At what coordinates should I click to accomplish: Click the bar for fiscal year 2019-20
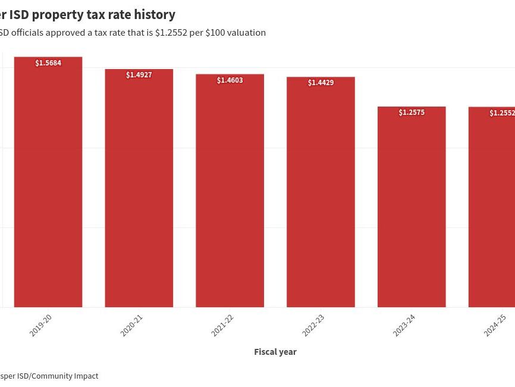click(x=48, y=185)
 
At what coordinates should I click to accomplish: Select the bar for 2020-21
click(x=139, y=191)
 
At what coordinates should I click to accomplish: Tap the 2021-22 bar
click(x=230, y=193)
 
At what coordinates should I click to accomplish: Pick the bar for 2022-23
click(x=321, y=195)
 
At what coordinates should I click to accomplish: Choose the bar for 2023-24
click(x=412, y=208)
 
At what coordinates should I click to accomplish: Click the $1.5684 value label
click(x=48, y=63)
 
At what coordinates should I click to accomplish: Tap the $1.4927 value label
click(x=139, y=75)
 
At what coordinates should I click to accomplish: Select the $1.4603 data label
click(x=230, y=80)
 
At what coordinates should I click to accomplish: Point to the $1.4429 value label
click(x=321, y=83)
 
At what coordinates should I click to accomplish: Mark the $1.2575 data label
click(x=412, y=113)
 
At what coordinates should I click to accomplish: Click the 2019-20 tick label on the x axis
click(x=41, y=325)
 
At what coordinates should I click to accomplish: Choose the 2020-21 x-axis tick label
click(x=132, y=325)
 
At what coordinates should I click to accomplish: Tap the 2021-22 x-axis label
click(x=222, y=325)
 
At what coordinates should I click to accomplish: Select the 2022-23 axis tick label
click(x=313, y=325)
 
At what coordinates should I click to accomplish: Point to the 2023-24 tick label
click(x=404, y=325)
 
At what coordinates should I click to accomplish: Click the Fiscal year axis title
click(x=275, y=352)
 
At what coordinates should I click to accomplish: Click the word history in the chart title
click(x=155, y=14)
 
